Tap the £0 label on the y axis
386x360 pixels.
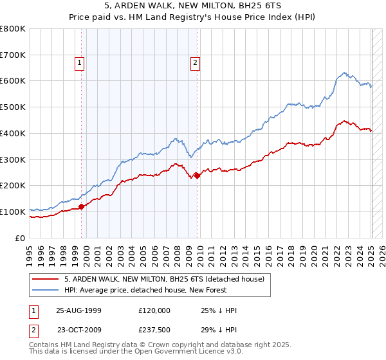(x=21, y=238)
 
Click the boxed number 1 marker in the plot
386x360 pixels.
(x=78, y=62)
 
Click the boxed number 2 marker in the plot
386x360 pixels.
(x=194, y=62)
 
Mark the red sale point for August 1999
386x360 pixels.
(x=82, y=206)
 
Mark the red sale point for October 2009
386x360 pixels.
(x=197, y=175)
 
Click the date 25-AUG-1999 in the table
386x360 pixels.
(x=78, y=310)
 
